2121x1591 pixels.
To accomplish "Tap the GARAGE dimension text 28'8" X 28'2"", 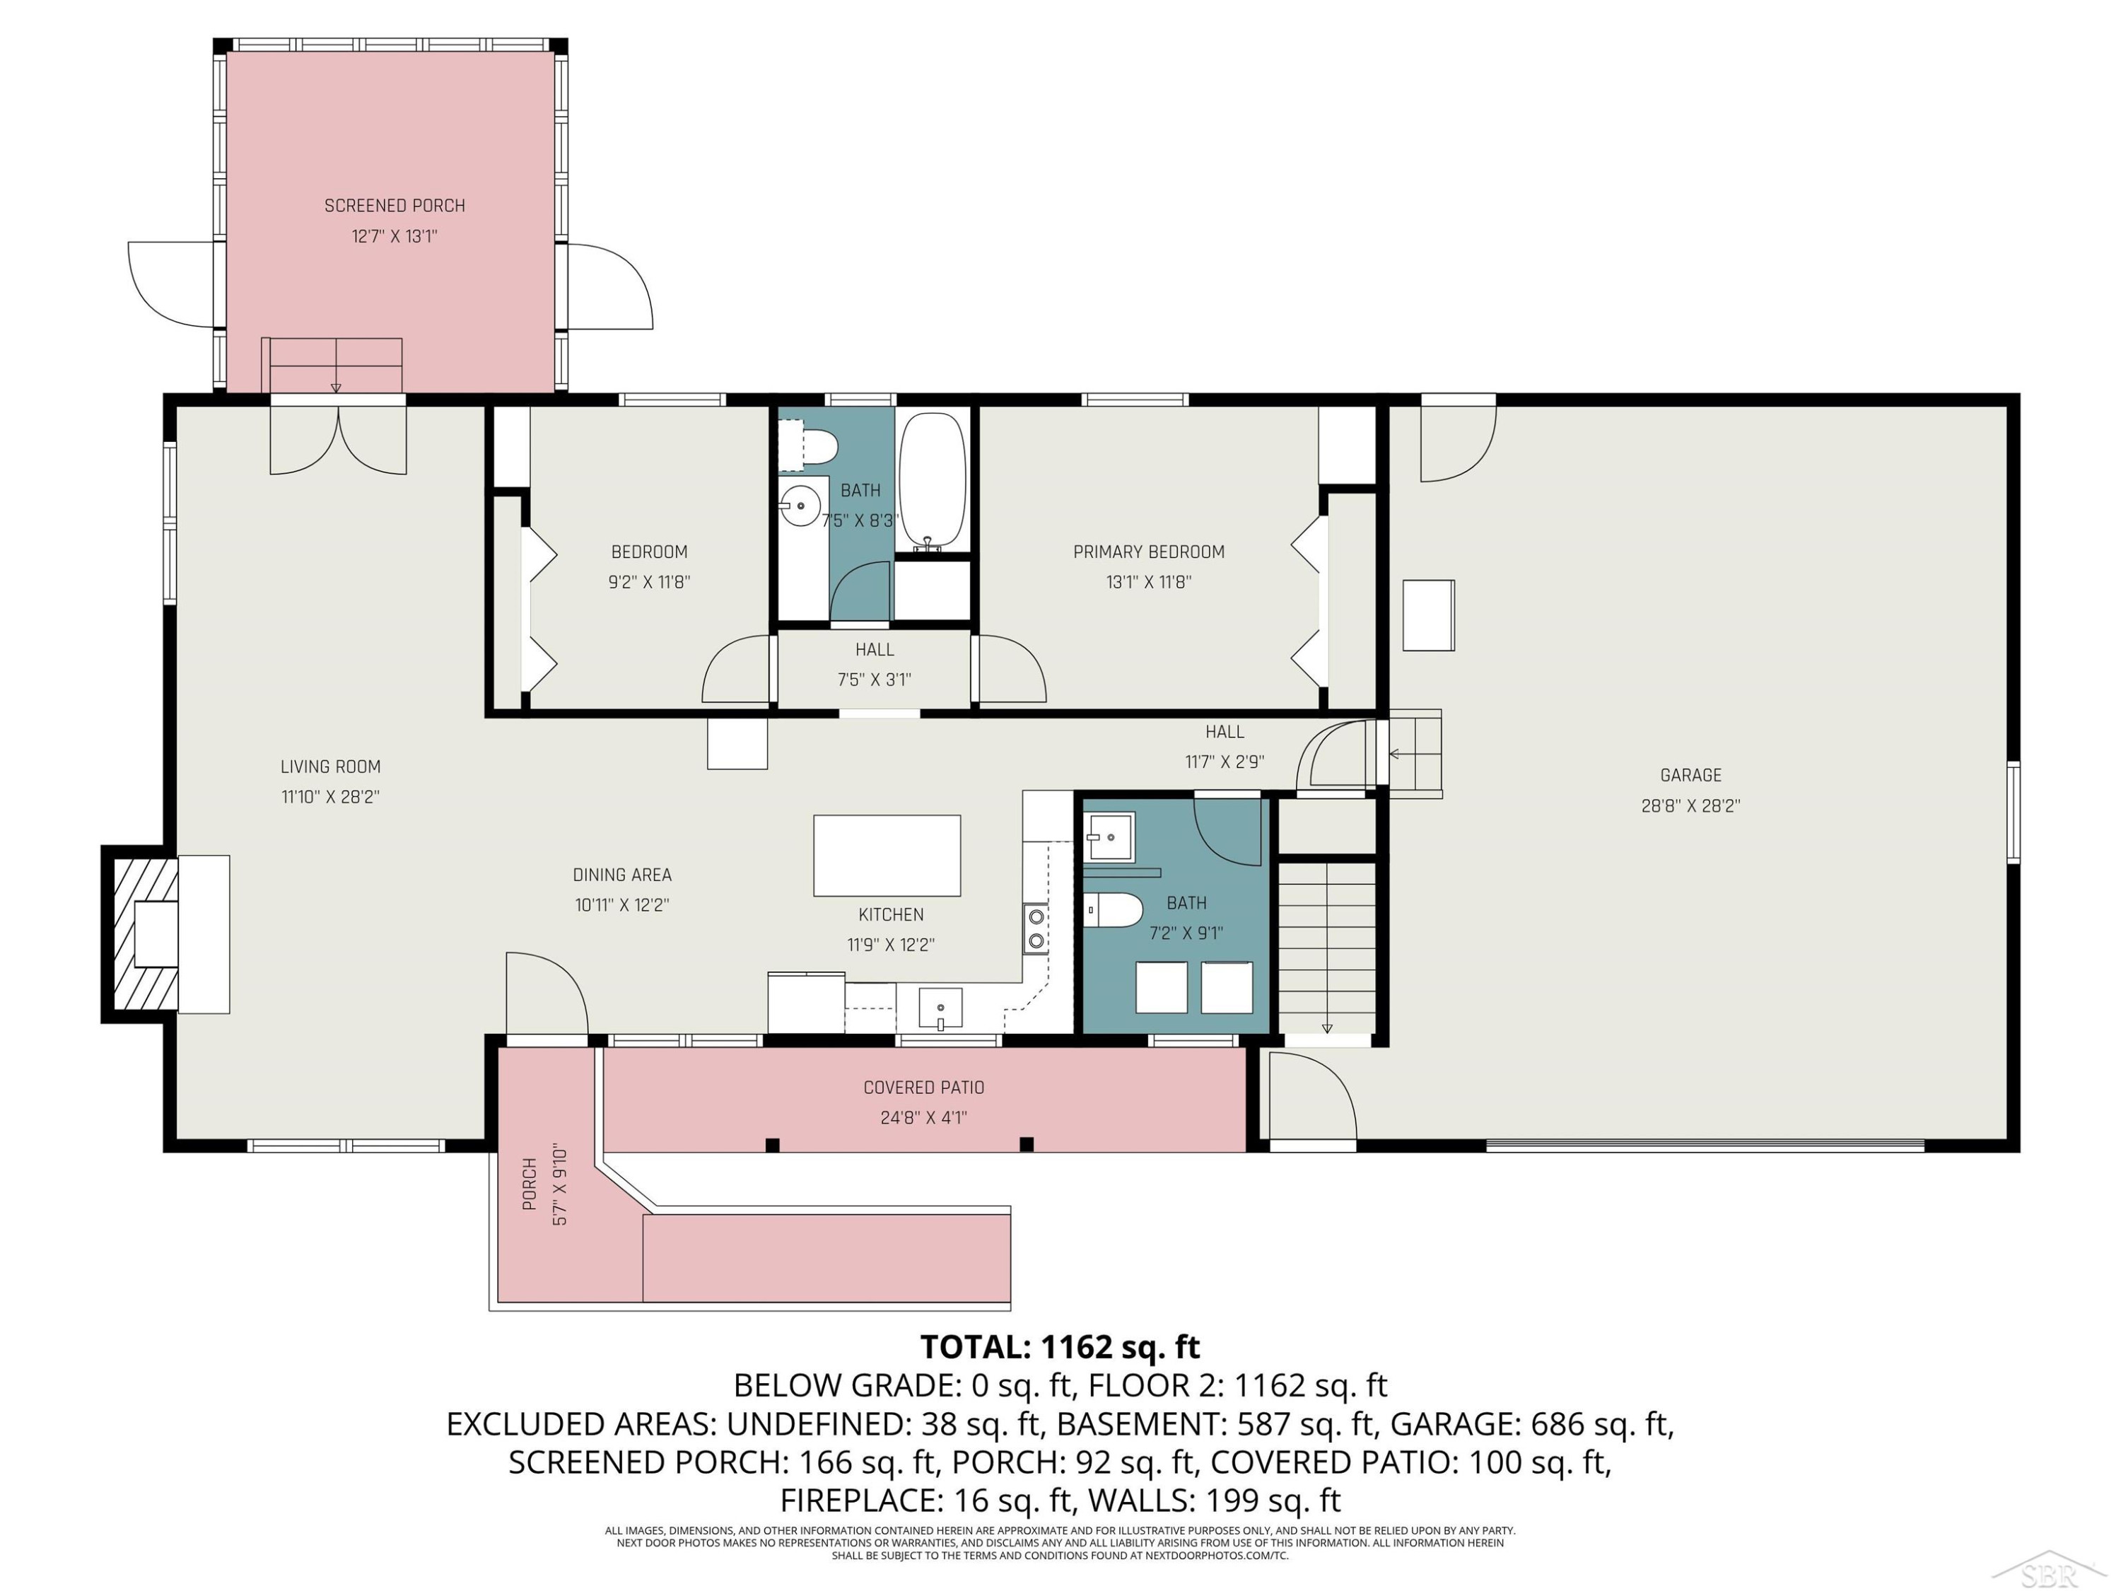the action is pos(1690,805).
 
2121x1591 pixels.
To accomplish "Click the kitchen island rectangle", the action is pos(887,856).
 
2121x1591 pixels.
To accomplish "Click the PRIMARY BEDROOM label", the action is pos(1149,552).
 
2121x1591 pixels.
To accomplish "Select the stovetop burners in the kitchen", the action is pos(1036,928).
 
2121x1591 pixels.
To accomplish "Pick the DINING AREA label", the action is pos(622,875).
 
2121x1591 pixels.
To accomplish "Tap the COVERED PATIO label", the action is pos(923,1088).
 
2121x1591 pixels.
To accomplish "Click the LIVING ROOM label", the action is pos(331,767).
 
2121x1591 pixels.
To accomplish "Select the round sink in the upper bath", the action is pos(800,506).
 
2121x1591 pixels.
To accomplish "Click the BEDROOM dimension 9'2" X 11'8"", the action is pos(649,582).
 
